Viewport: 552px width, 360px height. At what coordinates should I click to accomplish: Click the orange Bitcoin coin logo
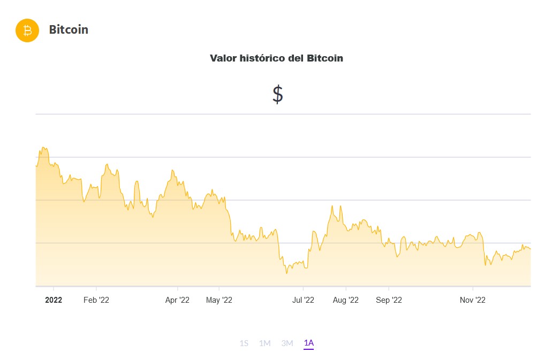pyautogui.click(x=27, y=30)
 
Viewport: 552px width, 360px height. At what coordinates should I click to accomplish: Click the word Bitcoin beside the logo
pyautogui.click(x=69, y=30)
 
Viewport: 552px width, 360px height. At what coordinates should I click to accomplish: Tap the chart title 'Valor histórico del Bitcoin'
pyautogui.click(x=276, y=58)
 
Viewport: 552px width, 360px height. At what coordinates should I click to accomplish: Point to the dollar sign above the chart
pyautogui.click(x=277, y=94)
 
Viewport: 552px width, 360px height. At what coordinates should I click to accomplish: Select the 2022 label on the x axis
pyautogui.click(x=54, y=301)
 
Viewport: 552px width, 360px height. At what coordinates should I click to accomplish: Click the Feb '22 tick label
pyautogui.click(x=96, y=301)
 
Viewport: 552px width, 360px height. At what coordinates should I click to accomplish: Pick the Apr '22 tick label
pyautogui.click(x=177, y=301)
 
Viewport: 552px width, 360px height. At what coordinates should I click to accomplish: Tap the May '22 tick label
pyautogui.click(x=219, y=301)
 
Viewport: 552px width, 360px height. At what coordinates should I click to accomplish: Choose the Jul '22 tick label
pyautogui.click(x=303, y=301)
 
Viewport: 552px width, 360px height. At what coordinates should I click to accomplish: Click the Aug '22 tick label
pyautogui.click(x=345, y=301)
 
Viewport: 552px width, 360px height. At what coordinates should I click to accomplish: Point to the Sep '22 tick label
pyautogui.click(x=389, y=301)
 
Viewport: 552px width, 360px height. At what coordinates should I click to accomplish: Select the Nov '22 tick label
pyautogui.click(x=473, y=301)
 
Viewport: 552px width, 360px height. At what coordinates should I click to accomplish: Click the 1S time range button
pyautogui.click(x=244, y=343)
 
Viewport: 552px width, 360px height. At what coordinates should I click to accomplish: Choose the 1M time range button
pyautogui.click(x=264, y=343)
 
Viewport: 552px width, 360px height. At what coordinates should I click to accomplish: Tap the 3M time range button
pyautogui.click(x=287, y=343)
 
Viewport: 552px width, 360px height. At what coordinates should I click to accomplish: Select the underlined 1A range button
pyautogui.click(x=308, y=343)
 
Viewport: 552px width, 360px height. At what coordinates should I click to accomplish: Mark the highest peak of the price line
pyautogui.click(x=44, y=148)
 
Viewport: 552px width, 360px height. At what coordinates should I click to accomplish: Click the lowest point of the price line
pyautogui.click(x=286, y=273)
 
